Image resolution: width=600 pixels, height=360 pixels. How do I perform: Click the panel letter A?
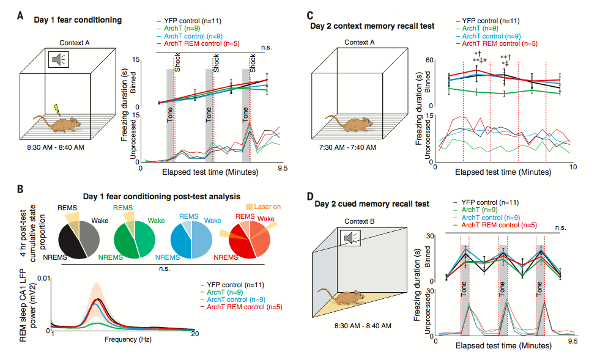pos(20,16)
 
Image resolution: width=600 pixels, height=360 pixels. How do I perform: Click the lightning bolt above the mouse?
pos(57,109)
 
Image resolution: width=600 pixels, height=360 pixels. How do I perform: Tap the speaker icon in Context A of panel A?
pos(58,59)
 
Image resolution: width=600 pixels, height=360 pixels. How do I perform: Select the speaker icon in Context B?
pos(350,238)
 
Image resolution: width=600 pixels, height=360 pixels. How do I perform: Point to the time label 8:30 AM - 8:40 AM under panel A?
pos(56,147)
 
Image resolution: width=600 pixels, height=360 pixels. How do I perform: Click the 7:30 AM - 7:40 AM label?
pos(347,147)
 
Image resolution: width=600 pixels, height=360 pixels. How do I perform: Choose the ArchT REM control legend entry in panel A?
pos(198,43)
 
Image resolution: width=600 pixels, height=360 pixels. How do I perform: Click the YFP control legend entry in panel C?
pos(488,21)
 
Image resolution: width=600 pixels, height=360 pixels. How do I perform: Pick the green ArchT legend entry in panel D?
pos(475,210)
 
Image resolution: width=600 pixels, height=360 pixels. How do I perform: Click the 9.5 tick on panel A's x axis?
pos(283,168)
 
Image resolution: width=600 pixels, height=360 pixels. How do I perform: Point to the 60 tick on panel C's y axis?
pos(429,60)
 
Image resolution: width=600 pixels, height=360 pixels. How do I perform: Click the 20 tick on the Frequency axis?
pos(195,334)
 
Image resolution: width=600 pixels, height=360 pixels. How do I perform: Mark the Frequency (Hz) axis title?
pos(128,339)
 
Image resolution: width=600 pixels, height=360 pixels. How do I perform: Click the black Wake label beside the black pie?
pos(100,221)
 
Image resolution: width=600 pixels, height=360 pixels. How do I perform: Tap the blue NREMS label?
pos(167,257)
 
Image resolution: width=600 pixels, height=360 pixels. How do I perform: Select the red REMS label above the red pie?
pos(245,216)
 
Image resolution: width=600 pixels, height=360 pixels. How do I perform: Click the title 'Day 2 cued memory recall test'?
pos(371,204)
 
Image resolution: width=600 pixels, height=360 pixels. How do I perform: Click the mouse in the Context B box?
pos(339,296)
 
